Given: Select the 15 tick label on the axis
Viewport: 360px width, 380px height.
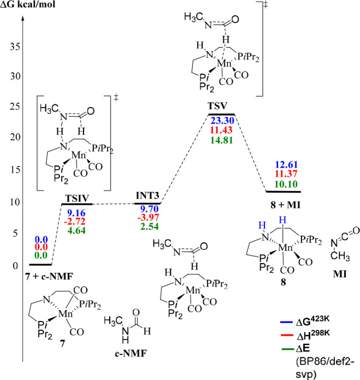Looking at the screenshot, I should [10, 170].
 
